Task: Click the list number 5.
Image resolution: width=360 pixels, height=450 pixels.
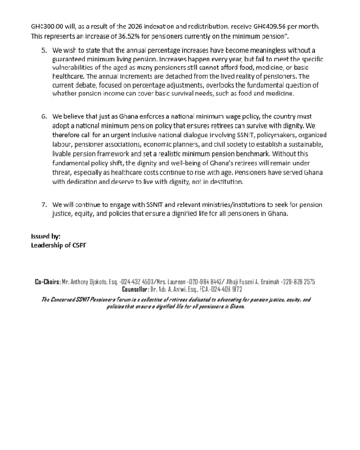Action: click(44, 51)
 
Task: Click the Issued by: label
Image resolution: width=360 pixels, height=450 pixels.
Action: click(46, 236)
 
